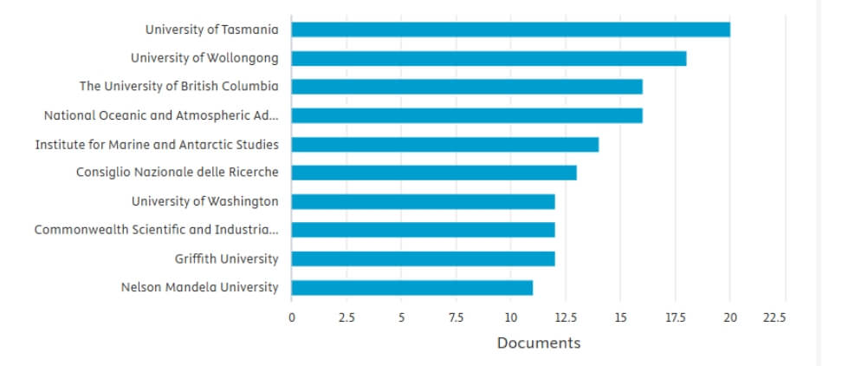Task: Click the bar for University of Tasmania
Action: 510,29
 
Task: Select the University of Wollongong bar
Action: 489,58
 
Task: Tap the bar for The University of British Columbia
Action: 467,87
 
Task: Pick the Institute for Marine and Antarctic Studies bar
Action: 445,144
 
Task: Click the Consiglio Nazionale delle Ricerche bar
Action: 434,173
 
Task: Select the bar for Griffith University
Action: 423,258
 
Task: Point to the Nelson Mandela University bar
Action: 411,287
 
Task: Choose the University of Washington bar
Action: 423,201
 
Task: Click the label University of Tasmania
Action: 211,29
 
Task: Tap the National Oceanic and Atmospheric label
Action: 161,115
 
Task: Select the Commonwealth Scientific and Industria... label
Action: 157,230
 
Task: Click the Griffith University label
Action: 227,258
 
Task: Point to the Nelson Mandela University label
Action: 199,287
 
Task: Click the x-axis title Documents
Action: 539,343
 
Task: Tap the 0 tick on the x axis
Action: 292,317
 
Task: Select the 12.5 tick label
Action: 566,317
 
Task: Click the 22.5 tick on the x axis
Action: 774,317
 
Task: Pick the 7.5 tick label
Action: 456,317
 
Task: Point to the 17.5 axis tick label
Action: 675,317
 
